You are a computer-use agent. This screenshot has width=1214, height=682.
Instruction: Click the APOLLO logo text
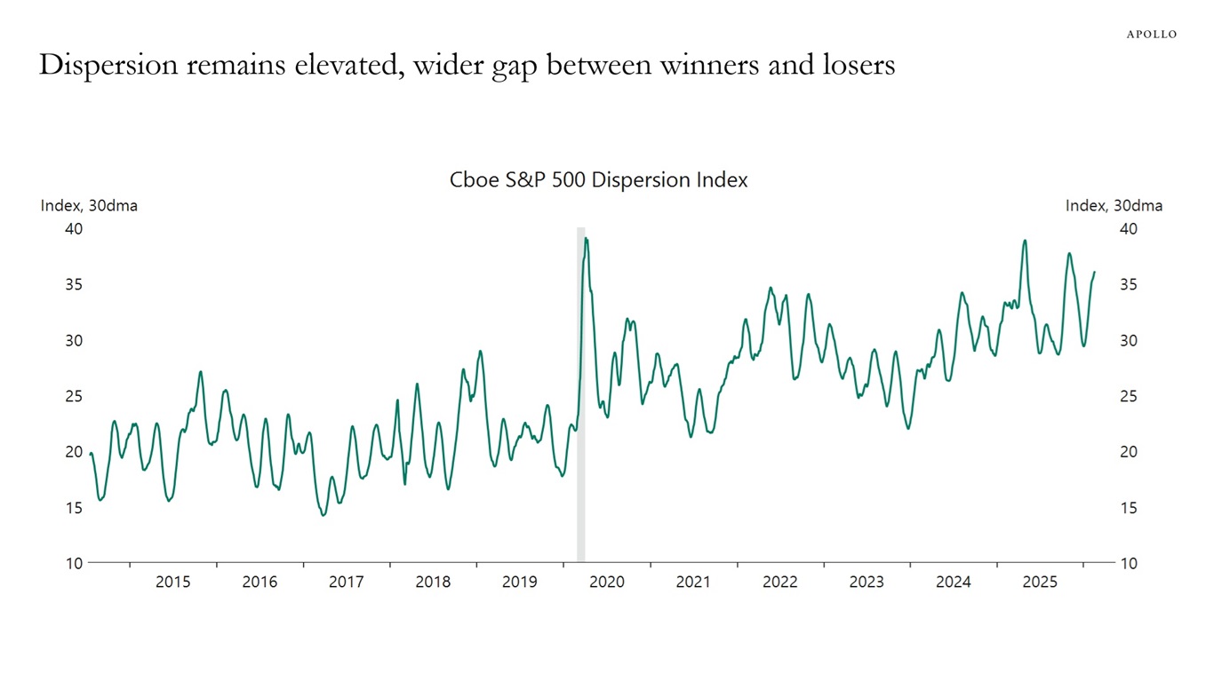tap(1151, 35)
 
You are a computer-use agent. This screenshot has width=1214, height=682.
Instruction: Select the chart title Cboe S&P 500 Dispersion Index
tap(598, 180)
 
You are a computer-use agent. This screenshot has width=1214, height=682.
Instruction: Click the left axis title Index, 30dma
tap(89, 206)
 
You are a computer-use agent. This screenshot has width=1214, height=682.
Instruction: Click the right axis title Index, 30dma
tap(1114, 206)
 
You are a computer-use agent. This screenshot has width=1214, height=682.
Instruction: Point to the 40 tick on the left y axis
tap(73, 229)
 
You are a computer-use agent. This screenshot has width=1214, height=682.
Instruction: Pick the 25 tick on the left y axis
tap(73, 396)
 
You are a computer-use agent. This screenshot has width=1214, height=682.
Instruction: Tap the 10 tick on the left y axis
tap(73, 564)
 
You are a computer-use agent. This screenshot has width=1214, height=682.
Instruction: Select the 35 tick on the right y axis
tap(1129, 285)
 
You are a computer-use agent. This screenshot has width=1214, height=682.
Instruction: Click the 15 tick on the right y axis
tap(1129, 508)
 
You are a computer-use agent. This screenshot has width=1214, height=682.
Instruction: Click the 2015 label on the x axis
tap(173, 583)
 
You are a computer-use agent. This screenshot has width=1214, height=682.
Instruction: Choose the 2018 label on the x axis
tap(433, 583)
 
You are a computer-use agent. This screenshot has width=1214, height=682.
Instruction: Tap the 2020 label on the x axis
tap(607, 583)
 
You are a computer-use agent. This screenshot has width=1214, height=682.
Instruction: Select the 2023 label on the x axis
tap(867, 583)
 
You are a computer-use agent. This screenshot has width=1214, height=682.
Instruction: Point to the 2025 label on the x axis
tap(1040, 583)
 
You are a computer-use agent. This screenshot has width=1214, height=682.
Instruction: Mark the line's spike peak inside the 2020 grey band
tap(586, 238)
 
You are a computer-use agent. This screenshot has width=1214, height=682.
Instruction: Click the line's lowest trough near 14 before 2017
tap(323, 515)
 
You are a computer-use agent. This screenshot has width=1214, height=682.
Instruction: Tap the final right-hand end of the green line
tap(1094, 272)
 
